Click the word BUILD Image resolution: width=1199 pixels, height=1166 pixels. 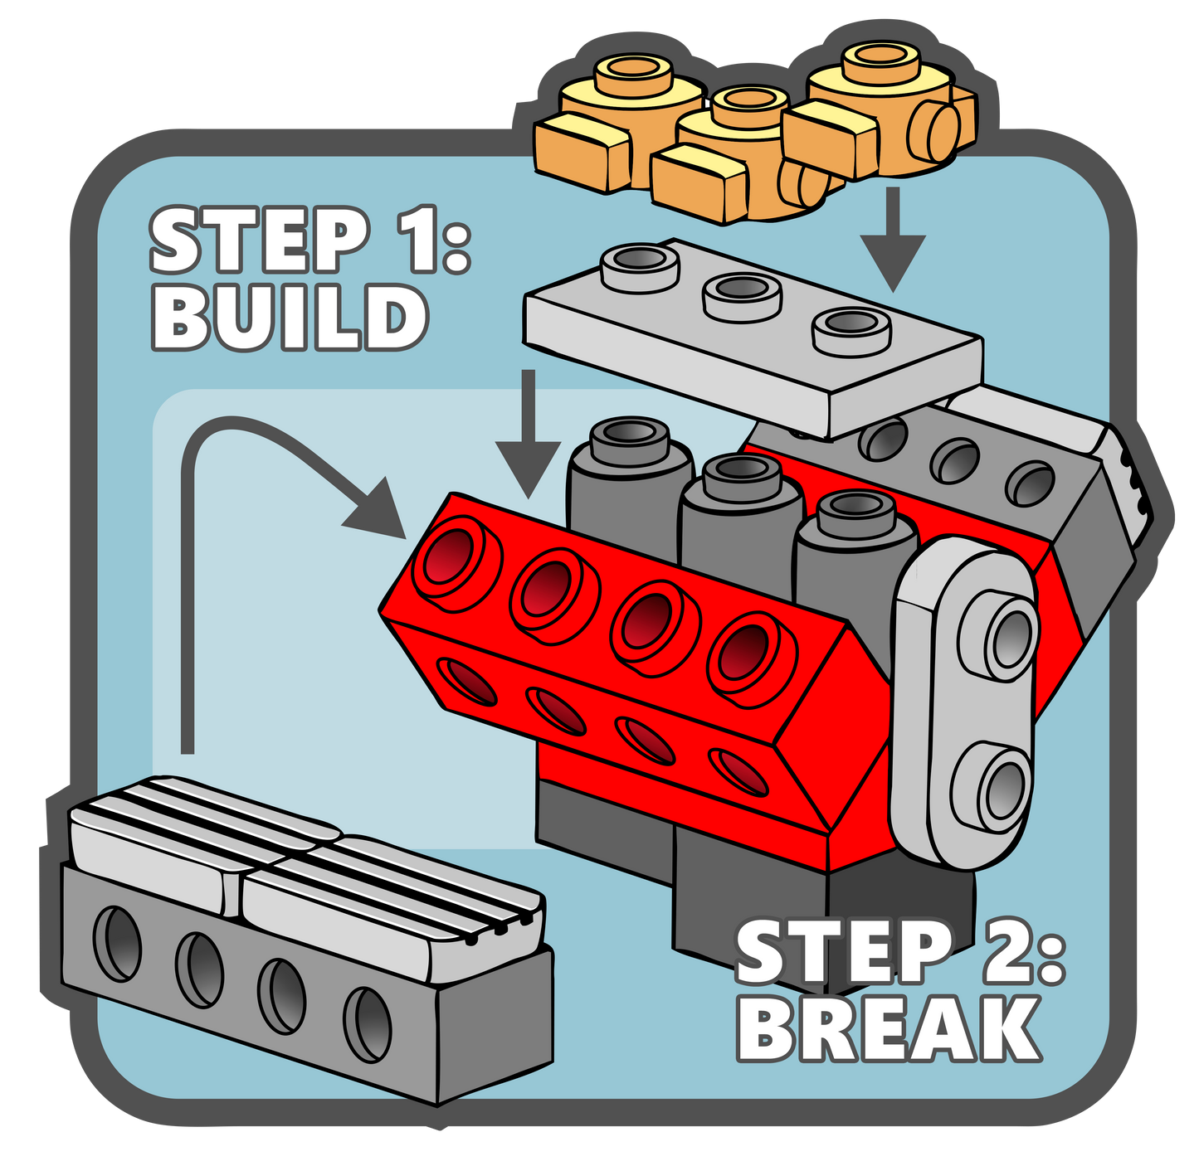[x=289, y=317]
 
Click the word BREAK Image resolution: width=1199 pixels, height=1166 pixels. [x=888, y=1028]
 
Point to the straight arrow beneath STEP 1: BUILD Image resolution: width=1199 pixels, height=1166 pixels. [x=528, y=440]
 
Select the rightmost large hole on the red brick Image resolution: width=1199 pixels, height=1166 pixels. [x=747, y=652]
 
